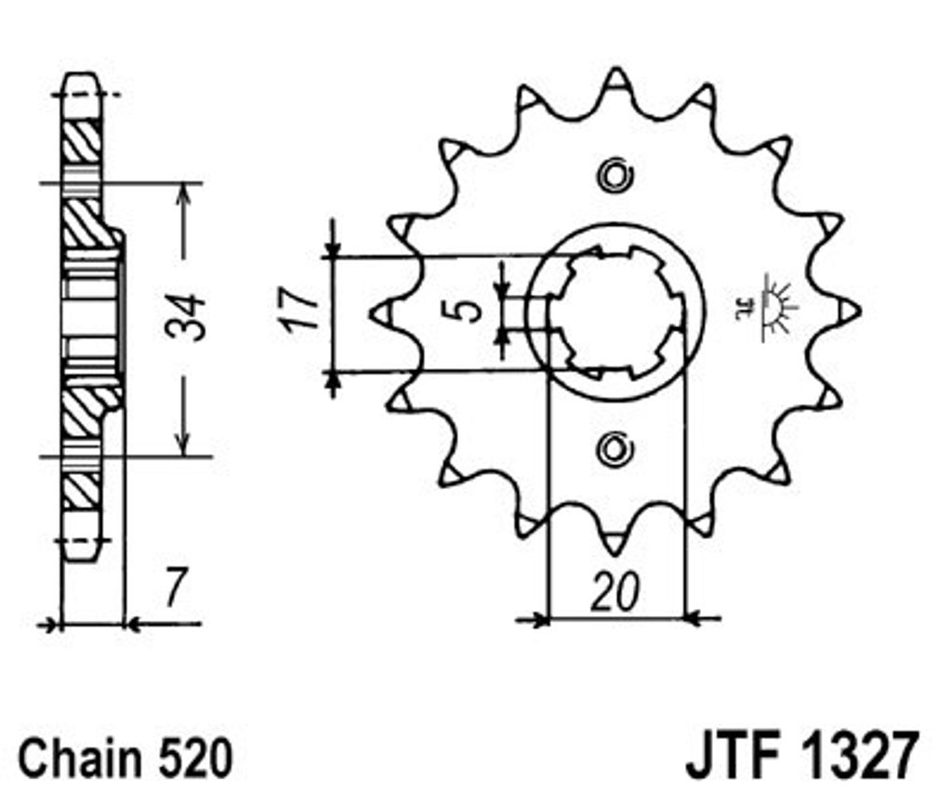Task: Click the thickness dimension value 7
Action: pos(175,587)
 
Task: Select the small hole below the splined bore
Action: pos(615,450)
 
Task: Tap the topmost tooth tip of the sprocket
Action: pos(615,69)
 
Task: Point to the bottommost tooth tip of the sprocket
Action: pos(615,553)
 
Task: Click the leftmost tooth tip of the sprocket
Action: pos(371,313)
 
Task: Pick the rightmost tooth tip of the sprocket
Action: pos(860,311)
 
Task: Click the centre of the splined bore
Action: pos(615,312)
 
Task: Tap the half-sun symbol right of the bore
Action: pos(768,307)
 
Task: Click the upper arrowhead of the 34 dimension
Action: pos(183,184)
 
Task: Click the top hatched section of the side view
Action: pos(82,140)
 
